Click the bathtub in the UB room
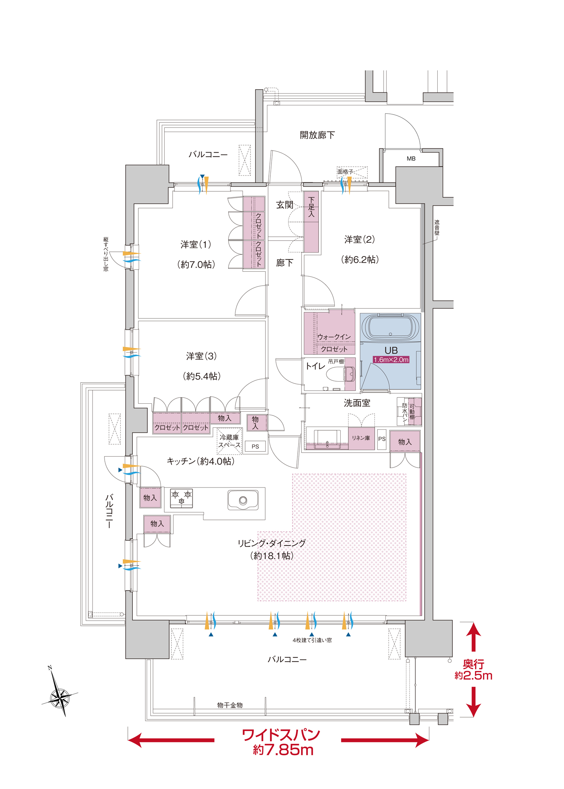click(391, 327)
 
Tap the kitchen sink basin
click(243, 500)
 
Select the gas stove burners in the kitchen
click(182, 498)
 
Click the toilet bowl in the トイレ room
click(341, 374)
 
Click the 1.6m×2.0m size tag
click(391, 360)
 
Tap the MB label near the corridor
click(411, 159)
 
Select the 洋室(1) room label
click(196, 244)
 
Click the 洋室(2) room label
click(359, 239)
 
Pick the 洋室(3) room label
click(202, 356)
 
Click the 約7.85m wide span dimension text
click(283, 750)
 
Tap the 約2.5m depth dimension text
click(473, 675)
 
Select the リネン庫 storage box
click(361, 438)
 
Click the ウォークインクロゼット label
click(334, 343)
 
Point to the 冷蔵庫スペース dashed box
click(229, 441)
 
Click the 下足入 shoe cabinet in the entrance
click(311, 222)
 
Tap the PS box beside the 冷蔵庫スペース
click(255, 446)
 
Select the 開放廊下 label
click(317, 135)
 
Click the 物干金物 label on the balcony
click(230, 705)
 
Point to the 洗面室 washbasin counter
click(327, 438)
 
